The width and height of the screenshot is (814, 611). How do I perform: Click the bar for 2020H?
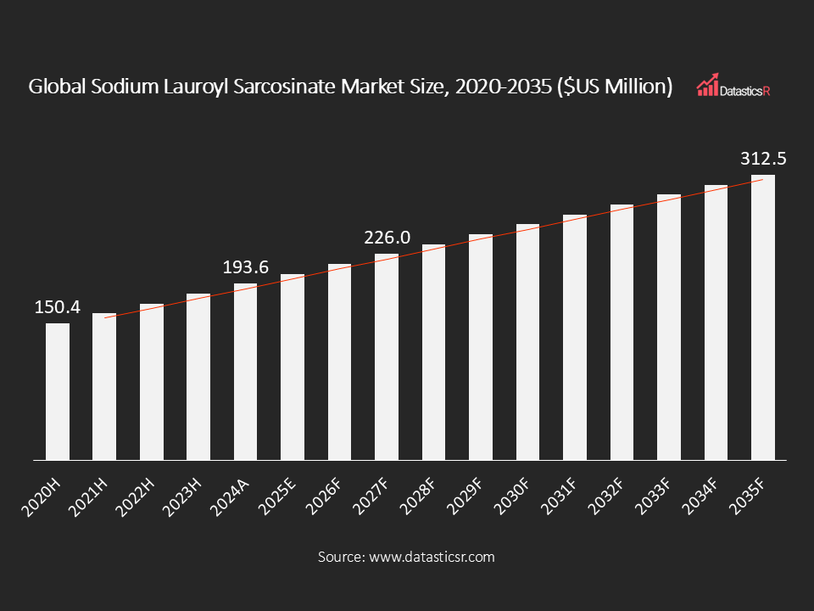click(x=58, y=392)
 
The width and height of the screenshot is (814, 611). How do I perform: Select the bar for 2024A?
click(x=246, y=372)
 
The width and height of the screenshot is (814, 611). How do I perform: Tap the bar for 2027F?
click(x=387, y=357)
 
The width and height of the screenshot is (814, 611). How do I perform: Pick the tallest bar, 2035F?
click(x=763, y=318)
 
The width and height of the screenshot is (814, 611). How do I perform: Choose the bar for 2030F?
click(x=528, y=342)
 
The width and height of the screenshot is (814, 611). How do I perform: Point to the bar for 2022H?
click(x=152, y=382)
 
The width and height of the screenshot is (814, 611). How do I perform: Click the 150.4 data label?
click(x=58, y=307)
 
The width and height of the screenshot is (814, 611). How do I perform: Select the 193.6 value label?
click(x=246, y=267)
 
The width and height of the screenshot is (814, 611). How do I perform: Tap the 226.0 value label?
click(x=387, y=238)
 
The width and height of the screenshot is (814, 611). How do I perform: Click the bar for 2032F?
click(x=622, y=333)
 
